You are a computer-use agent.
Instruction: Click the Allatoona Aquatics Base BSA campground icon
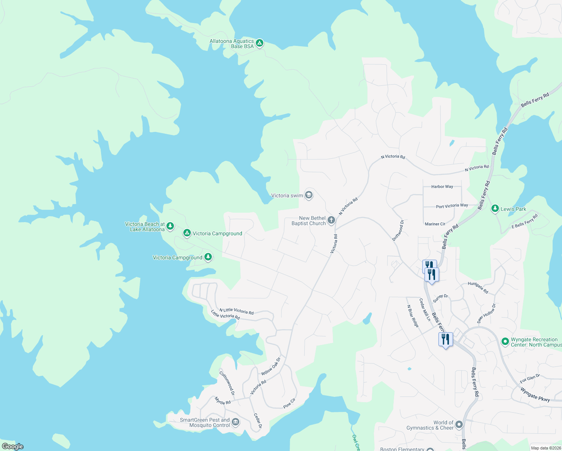coord(260,44)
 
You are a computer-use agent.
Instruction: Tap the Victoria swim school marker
coord(309,195)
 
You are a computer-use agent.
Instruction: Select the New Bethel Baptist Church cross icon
coord(331,220)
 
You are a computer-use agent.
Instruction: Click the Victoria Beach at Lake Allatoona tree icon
coord(170,226)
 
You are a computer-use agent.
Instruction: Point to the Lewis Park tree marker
coord(495,209)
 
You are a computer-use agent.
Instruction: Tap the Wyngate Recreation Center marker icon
coord(505,342)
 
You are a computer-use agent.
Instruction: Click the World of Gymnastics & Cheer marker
coord(459,425)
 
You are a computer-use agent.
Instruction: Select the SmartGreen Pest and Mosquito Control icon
coord(236,422)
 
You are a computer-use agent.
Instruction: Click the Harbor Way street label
coord(442,187)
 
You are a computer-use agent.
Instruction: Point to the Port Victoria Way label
coord(452,206)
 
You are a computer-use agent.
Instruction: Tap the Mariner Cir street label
coord(435,224)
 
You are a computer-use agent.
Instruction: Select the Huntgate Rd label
coord(478,288)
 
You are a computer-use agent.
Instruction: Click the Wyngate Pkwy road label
coord(535,395)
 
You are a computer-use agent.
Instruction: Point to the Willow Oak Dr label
coord(271,366)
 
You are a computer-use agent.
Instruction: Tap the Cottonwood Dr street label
coord(227,383)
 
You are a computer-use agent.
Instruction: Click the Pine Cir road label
coord(289,403)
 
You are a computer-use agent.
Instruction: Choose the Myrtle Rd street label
coord(223,401)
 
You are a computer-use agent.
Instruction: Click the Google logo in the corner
coord(13,446)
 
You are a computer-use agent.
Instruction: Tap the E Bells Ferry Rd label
coord(525,221)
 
